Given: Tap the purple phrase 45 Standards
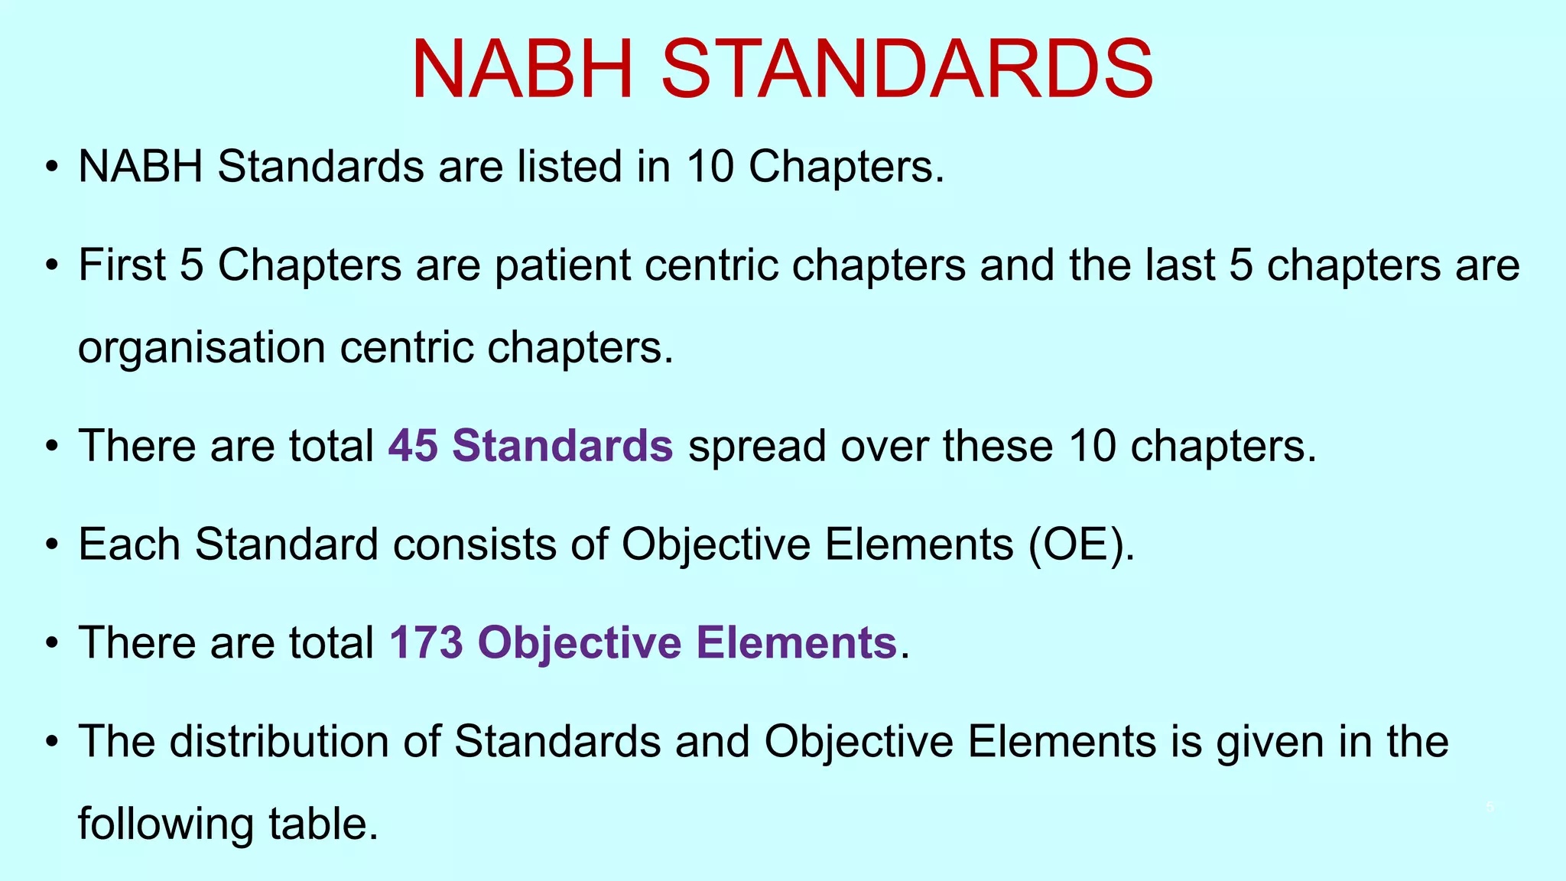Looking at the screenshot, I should click(x=531, y=445).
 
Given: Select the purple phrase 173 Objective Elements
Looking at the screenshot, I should click(x=642, y=642).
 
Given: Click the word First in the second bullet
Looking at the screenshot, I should click(x=122, y=265).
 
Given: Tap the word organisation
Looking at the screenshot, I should click(x=202, y=347).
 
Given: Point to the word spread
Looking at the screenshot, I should click(x=757, y=446).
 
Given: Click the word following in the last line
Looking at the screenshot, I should click(x=166, y=824).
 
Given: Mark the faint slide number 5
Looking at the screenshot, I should click(x=1490, y=807).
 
